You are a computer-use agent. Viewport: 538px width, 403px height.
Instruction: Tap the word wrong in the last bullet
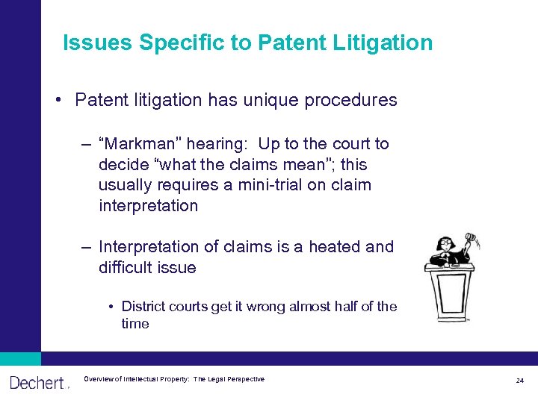[257, 307]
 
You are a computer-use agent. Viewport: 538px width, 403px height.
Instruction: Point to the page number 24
[520, 381]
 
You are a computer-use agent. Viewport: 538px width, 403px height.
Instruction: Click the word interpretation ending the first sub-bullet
[148, 205]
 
